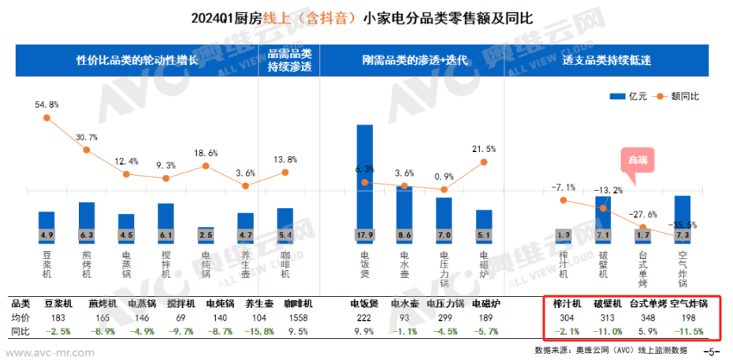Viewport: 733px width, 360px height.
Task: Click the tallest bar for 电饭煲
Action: coord(365,181)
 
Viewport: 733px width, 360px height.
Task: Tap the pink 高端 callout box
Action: coord(637,158)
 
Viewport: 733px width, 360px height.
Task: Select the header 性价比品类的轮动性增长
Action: coord(136,61)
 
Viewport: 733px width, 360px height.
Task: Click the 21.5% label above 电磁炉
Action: coord(483,149)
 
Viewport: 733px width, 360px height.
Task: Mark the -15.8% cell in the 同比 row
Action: coord(259,331)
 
